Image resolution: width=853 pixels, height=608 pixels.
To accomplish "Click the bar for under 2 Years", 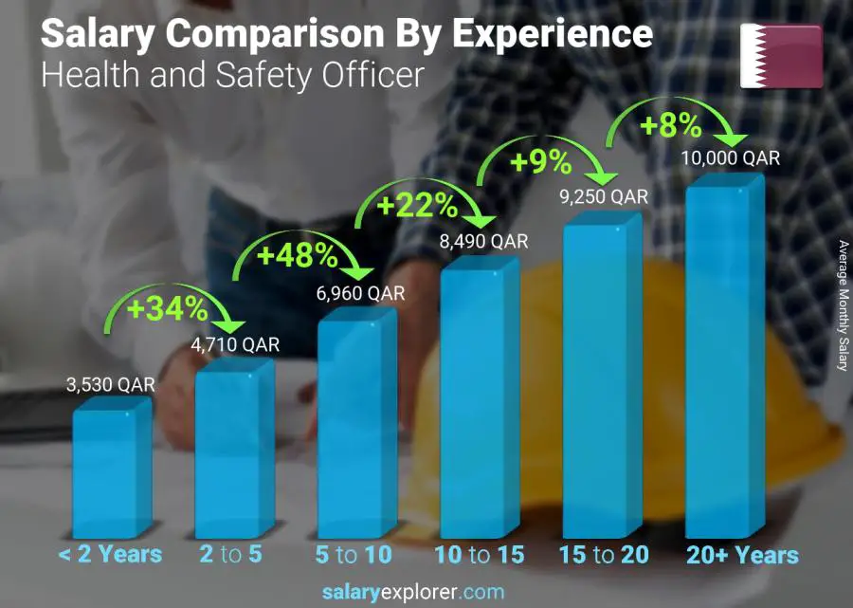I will point(110,470).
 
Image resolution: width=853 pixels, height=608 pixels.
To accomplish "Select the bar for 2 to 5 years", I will point(232,451).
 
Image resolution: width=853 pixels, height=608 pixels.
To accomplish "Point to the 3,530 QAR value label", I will point(111,386).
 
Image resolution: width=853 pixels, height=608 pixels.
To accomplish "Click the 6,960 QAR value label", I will point(359,294).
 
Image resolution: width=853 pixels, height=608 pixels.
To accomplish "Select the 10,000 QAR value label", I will point(731,158).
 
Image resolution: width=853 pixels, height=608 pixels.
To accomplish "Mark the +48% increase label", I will point(298,254).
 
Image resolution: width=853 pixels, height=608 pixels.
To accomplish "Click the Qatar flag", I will point(781,56).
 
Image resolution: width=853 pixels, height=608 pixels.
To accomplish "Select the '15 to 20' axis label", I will point(604,555).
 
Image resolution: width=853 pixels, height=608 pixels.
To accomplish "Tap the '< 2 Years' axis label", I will point(111,555).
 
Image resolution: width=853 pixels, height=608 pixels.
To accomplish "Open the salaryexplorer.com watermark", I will point(427,593).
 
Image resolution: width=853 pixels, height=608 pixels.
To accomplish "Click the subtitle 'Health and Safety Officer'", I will point(232,74).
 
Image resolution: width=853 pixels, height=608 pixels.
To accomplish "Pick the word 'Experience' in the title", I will point(552,34).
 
